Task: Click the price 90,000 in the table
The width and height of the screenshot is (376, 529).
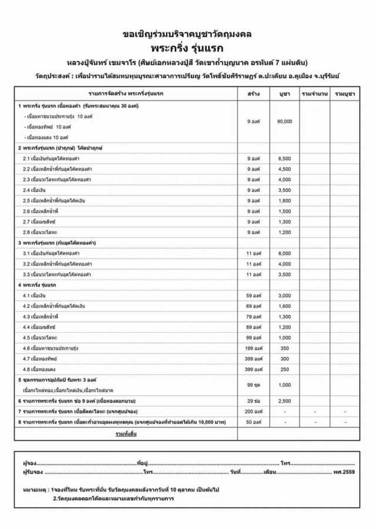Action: click(x=284, y=122)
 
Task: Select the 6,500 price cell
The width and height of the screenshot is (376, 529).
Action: click(x=284, y=159)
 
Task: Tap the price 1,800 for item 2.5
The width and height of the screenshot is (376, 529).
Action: click(x=284, y=201)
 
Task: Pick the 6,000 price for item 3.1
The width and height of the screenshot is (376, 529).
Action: click(x=284, y=253)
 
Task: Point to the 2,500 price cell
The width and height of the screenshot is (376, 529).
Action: click(x=284, y=400)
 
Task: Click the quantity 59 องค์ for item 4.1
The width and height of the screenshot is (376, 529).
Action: click(x=254, y=295)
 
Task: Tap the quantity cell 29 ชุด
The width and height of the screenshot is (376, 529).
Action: click(x=254, y=400)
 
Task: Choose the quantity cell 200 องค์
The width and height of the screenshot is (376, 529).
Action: click(x=254, y=411)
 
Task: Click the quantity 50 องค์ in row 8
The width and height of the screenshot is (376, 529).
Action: click(x=254, y=422)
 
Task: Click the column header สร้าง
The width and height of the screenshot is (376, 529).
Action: click(x=254, y=93)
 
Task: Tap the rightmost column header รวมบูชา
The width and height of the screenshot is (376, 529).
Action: click(x=344, y=93)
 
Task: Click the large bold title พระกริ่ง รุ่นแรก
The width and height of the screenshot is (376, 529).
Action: click(x=188, y=48)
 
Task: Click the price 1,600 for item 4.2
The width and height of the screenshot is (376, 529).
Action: click(x=284, y=306)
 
